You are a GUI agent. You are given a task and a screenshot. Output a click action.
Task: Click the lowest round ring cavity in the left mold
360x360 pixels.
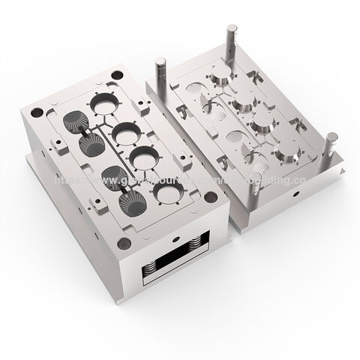tap(169, 196)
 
